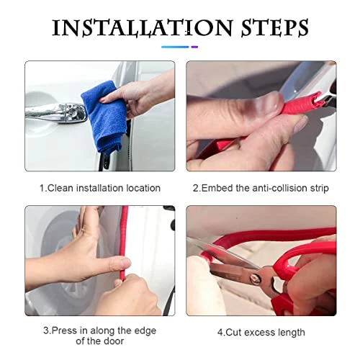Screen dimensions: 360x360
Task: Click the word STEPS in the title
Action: pyautogui.click(x=274, y=28)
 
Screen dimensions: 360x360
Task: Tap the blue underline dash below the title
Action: pyautogui.click(x=175, y=47)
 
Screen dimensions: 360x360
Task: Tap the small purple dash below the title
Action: pyautogui.click(x=194, y=47)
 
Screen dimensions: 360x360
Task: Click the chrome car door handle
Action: pyautogui.click(x=55, y=113)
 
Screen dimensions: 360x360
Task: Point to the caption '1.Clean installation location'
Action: pyautogui.click(x=100, y=188)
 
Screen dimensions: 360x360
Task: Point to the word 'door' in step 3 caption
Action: pyautogui.click(x=114, y=341)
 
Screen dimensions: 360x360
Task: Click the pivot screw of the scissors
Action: pyautogui.click(x=254, y=279)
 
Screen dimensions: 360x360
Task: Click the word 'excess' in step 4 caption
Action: pyautogui.click(x=260, y=333)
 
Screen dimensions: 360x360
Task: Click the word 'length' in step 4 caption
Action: pyautogui.click(x=292, y=333)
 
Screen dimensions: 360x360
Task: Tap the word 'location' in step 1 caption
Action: pyautogui.click(x=143, y=188)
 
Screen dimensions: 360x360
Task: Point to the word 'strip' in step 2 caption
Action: pyautogui.click(x=319, y=189)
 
